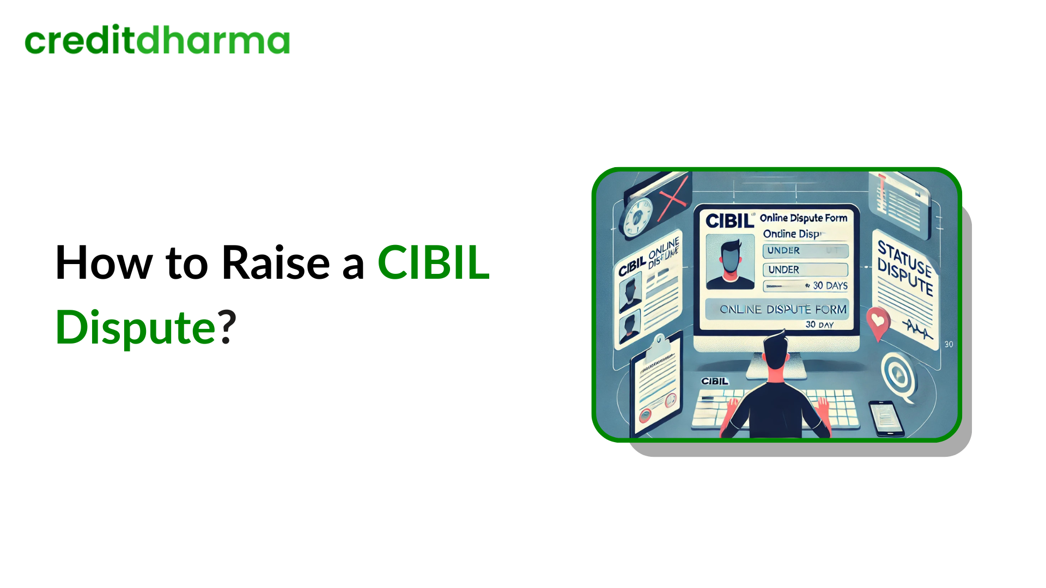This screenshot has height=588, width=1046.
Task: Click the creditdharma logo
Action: [157, 40]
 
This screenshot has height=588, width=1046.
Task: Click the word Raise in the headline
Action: [276, 263]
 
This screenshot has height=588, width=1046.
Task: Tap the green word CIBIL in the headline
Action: [434, 263]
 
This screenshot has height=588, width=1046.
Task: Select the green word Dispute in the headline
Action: [136, 328]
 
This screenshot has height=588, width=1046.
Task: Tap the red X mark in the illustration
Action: [673, 199]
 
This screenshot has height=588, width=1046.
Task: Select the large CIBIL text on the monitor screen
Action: [729, 221]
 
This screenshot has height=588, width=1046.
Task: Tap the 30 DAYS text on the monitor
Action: [830, 286]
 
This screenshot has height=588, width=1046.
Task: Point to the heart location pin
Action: [878, 321]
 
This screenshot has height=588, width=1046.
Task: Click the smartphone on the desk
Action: [885, 418]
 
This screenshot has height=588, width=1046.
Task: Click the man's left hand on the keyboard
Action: [732, 405]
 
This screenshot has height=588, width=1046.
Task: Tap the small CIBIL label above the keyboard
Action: [715, 381]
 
